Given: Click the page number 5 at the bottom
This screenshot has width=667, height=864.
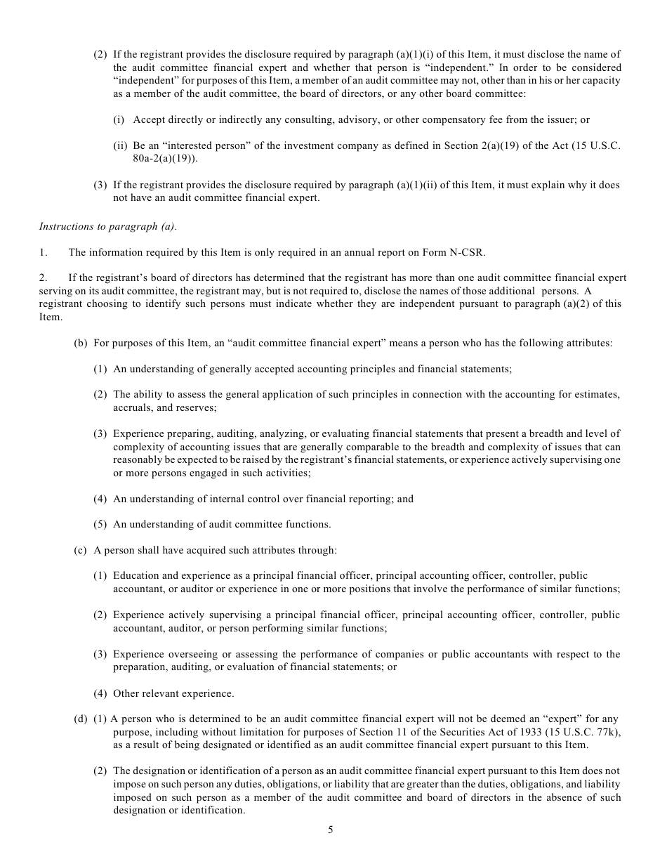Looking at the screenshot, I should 330,830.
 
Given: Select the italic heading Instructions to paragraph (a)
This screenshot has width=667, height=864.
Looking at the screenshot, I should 108,226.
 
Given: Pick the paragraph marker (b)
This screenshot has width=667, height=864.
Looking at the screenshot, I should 81,343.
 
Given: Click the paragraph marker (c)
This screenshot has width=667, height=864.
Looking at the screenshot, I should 81,550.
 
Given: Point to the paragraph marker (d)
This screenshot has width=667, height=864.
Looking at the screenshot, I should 81,719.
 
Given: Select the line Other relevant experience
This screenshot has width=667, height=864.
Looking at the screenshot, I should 173,693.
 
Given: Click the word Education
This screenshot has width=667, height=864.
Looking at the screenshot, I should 136,575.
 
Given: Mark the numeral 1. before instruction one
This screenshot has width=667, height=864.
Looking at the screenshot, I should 42,252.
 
